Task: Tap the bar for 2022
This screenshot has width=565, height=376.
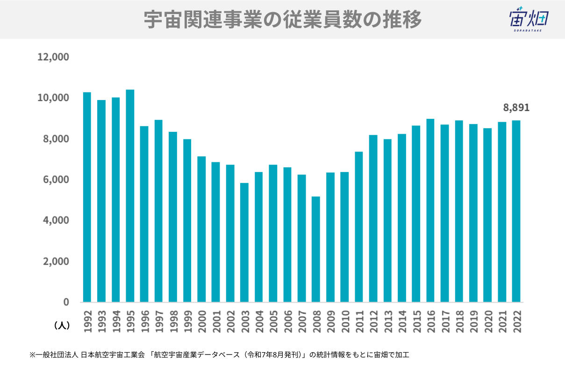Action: pos(516,211)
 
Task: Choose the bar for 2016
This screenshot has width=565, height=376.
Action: pos(430,210)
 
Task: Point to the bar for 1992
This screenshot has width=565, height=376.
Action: pos(87,197)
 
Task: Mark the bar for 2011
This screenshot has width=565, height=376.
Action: pos(359,227)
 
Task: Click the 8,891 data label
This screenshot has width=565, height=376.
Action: pos(516,108)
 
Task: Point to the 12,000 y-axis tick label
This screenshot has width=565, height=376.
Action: pos(53,57)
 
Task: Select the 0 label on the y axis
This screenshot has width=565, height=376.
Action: pos(66,302)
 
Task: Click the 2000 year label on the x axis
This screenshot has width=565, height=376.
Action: pos(201,321)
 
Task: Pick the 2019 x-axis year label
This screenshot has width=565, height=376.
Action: pos(473,321)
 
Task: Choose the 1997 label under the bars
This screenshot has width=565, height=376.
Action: pos(158,321)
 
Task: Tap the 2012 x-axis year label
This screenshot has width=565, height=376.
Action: pos(373,321)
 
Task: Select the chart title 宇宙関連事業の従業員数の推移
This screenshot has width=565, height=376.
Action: pos(282,20)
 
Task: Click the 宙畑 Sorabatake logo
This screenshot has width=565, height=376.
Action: pos(529,20)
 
